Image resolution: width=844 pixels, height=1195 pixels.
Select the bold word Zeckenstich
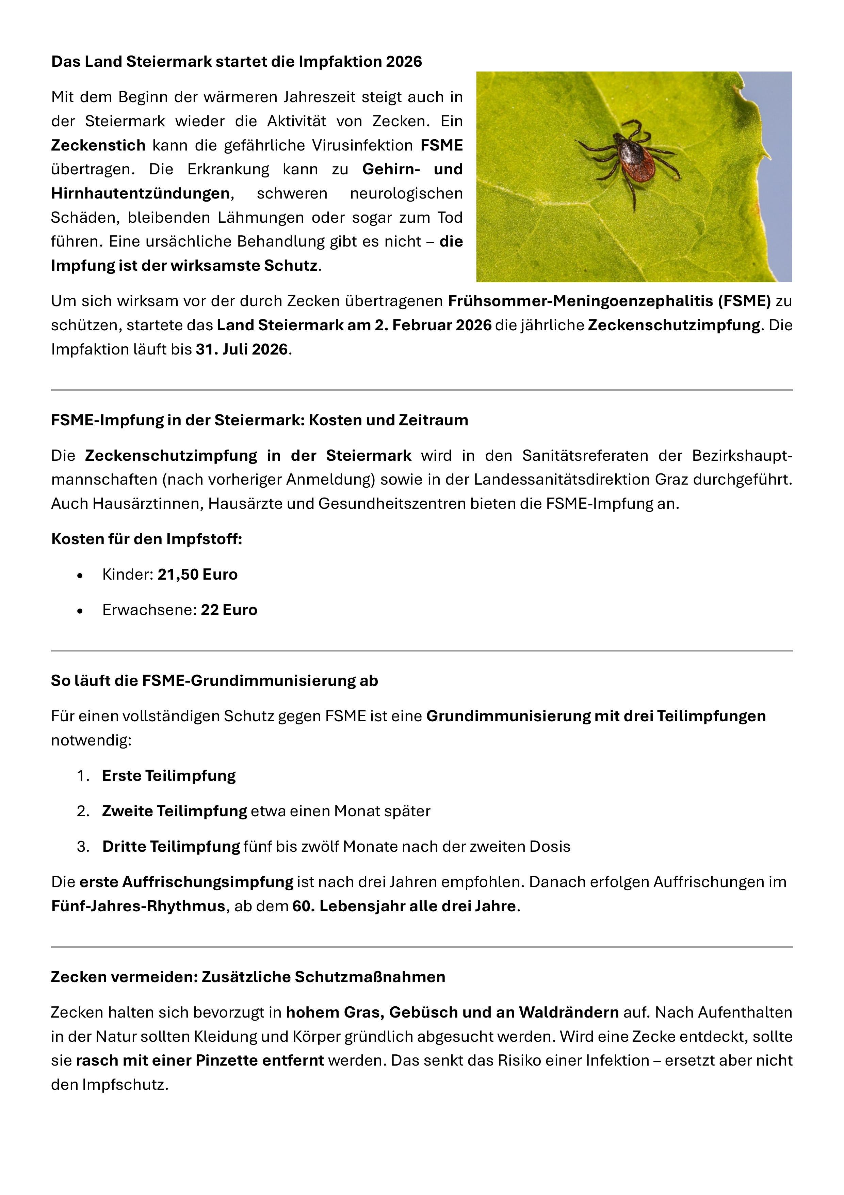pos(98,145)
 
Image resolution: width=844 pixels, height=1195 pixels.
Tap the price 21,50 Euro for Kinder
pos(198,575)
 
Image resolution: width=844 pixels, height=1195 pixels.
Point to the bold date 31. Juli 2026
pos(242,349)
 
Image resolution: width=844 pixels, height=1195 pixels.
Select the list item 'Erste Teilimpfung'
pos(169,775)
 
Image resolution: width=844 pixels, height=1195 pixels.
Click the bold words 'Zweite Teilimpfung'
pos(174,811)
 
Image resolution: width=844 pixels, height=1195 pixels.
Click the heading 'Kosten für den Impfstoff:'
pos(147,539)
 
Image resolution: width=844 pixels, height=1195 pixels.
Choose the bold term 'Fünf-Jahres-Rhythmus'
pos(138,906)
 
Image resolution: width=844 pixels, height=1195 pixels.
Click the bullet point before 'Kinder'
pos(80,576)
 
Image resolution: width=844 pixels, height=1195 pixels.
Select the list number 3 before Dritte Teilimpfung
pos(83,847)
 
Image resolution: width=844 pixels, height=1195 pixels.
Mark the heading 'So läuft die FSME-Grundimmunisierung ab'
pos(214,681)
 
